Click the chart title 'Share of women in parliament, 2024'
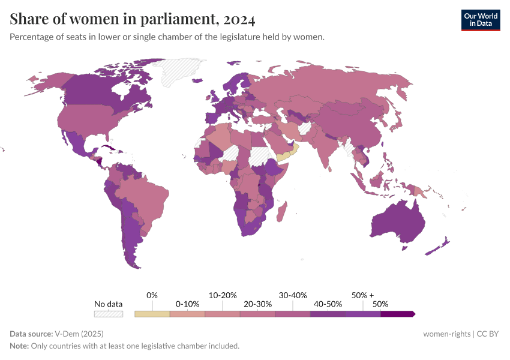tap(133, 19)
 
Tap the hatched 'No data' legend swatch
tap(109, 313)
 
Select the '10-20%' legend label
tap(223, 295)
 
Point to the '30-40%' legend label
tap(293, 295)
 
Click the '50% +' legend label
tap(362, 295)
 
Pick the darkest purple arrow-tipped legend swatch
tap(397, 313)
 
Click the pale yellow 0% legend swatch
tap(152, 313)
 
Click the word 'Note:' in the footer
tap(20, 346)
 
